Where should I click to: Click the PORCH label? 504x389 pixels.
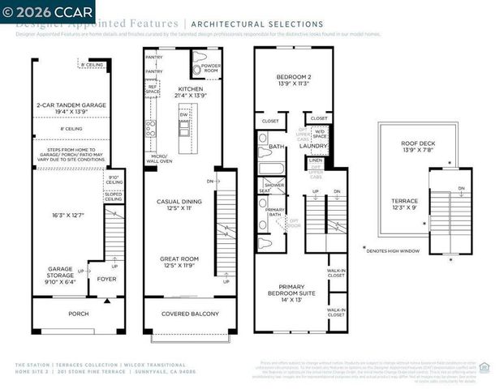point(79,314)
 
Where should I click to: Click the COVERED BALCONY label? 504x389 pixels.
point(187,314)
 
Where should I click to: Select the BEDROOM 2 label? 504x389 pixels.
point(295,79)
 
